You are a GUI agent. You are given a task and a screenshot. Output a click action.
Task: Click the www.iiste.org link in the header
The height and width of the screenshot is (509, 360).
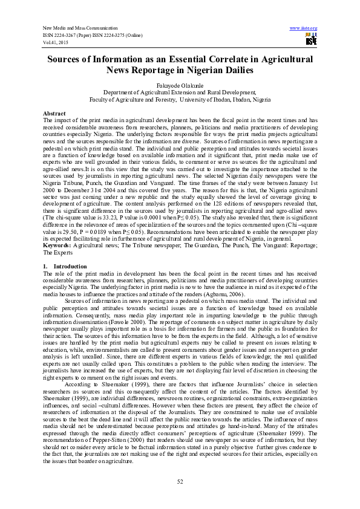pyautogui.click(x=304, y=28)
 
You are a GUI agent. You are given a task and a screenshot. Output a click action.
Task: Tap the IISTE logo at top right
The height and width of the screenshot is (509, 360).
pyautogui.click(x=311, y=40)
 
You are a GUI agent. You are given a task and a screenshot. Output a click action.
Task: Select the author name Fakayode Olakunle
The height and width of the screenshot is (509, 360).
pyautogui.click(x=180, y=86)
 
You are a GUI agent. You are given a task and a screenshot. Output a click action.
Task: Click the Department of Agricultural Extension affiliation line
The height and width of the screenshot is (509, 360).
pyautogui.click(x=180, y=92)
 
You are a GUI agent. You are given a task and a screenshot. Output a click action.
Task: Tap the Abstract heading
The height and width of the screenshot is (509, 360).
pyautogui.click(x=54, y=114)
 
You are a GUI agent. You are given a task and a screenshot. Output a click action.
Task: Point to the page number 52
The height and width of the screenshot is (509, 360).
pyautogui.click(x=180, y=481)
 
